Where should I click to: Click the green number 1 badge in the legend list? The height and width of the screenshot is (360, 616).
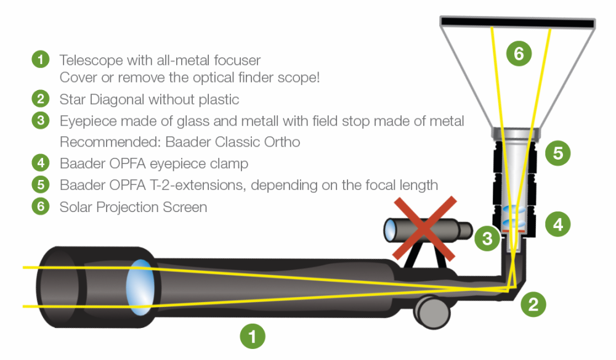40,60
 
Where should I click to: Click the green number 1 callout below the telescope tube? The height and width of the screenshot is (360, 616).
253,337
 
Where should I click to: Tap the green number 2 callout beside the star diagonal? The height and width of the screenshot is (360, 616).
533,303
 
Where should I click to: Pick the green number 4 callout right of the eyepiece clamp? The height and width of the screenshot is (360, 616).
558,224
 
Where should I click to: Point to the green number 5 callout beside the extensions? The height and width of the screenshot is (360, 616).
558,152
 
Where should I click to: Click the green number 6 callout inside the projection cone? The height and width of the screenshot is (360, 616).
519,54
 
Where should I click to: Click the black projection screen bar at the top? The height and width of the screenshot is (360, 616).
517,23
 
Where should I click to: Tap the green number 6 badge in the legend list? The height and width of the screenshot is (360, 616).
40,206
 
